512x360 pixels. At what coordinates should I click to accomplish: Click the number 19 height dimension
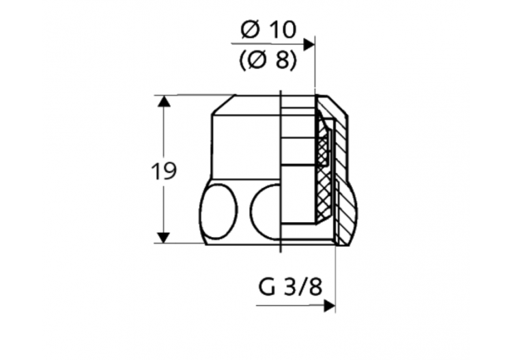point(163,171)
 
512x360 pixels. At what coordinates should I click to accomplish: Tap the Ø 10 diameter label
point(268,30)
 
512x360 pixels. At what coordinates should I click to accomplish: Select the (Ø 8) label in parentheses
point(268,61)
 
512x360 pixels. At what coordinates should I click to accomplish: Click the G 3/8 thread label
point(290,286)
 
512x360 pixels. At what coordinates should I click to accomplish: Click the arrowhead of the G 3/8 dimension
point(330,305)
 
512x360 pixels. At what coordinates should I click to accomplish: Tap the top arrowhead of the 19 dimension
point(162,102)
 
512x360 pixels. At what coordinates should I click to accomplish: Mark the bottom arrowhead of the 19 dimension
point(162,237)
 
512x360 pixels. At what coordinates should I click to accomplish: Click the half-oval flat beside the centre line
point(266,210)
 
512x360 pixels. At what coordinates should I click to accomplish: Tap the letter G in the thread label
point(265,286)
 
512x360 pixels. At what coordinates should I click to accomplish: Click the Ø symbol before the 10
point(251,30)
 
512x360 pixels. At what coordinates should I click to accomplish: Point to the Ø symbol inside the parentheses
point(257,61)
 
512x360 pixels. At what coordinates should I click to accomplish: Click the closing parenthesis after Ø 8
point(293,61)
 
